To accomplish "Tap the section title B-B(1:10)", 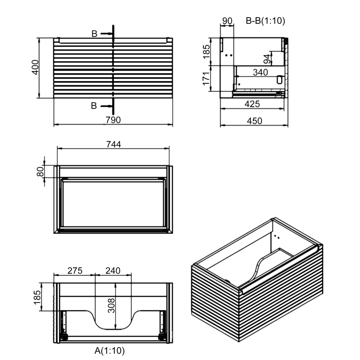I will click(x=265, y=20).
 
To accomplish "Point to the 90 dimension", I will click(x=227, y=20).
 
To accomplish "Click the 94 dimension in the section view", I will click(x=267, y=58).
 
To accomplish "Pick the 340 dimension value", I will click(x=260, y=72).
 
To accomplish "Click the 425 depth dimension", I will click(x=252, y=104).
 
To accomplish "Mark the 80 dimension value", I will click(x=40, y=171).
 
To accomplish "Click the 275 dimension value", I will click(x=74, y=270).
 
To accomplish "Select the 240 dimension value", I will click(x=112, y=270).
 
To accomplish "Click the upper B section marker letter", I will click(x=94, y=34).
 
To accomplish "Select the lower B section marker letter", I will click(x=94, y=106).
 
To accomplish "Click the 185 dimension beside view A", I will click(x=37, y=297).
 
